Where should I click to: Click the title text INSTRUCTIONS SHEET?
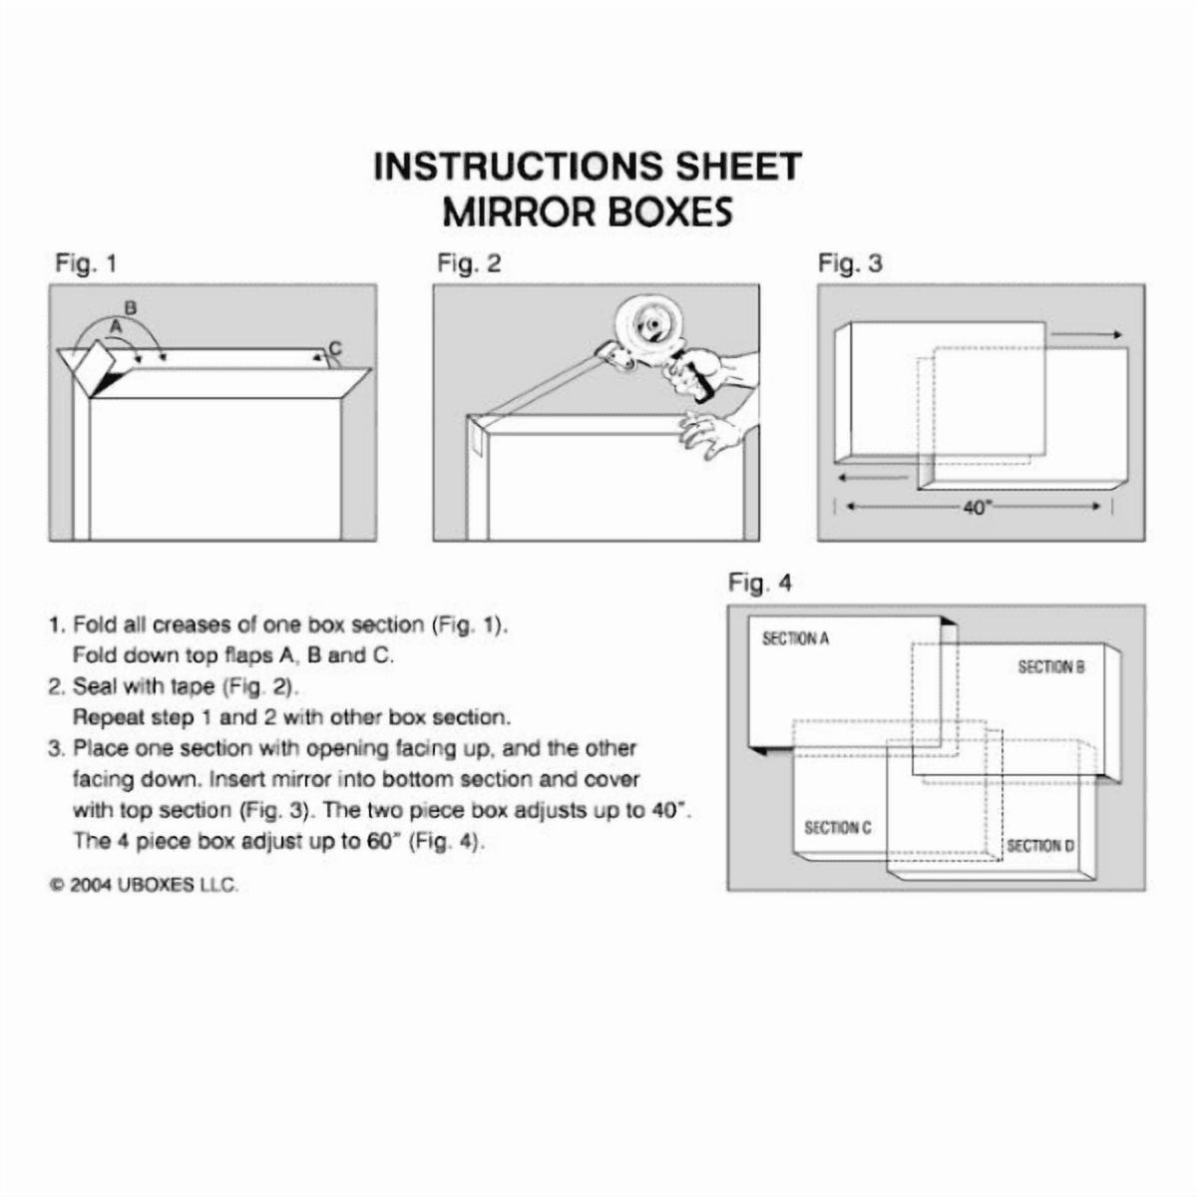pyautogui.click(x=588, y=166)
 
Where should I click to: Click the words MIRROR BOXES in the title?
pyautogui.click(x=588, y=211)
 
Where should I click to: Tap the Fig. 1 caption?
pyautogui.click(x=86, y=264)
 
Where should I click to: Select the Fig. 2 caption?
pyautogui.click(x=469, y=264)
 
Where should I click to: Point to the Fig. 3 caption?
pyautogui.click(x=850, y=264)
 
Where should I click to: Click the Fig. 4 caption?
pyautogui.click(x=760, y=584)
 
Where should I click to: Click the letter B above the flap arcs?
pyautogui.click(x=130, y=306)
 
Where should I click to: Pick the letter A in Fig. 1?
pyautogui.click(x=115, y=325)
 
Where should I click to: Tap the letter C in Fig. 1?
pyautogui.click(x=335, y=348)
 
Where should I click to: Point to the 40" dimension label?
pyautogui.click(x=978, y=508)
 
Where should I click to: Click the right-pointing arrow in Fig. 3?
pyautogui.click(x=1088, y=335)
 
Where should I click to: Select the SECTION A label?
pyautogui.click(x=795, y=638)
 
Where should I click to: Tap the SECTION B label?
pyautogui.click(x=1050, y=666)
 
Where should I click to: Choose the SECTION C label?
pyautogui.click(x=838, y=828)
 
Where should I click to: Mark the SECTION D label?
pyautogui.click(x=1040, y=846)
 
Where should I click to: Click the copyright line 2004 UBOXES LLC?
pyautogui.click(x=146, y=885)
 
